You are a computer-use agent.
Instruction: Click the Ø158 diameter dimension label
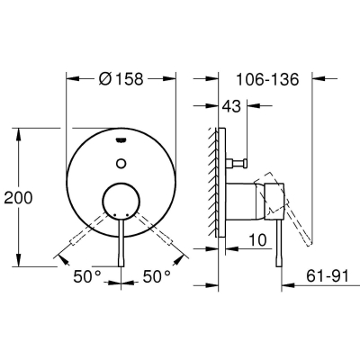click(121, 79)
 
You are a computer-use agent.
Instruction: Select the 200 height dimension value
click(18, 198)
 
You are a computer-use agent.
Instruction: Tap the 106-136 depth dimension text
click(267, 79)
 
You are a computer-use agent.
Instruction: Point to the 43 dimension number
click(231, 106)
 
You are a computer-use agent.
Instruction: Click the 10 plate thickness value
click(257, 240)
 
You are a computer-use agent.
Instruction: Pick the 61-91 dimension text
click(328, 275)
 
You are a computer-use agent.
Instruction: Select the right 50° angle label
click(157, 276)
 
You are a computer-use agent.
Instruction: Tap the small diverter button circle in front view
click(121, 163)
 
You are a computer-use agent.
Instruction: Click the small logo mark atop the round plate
click(121, 139)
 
